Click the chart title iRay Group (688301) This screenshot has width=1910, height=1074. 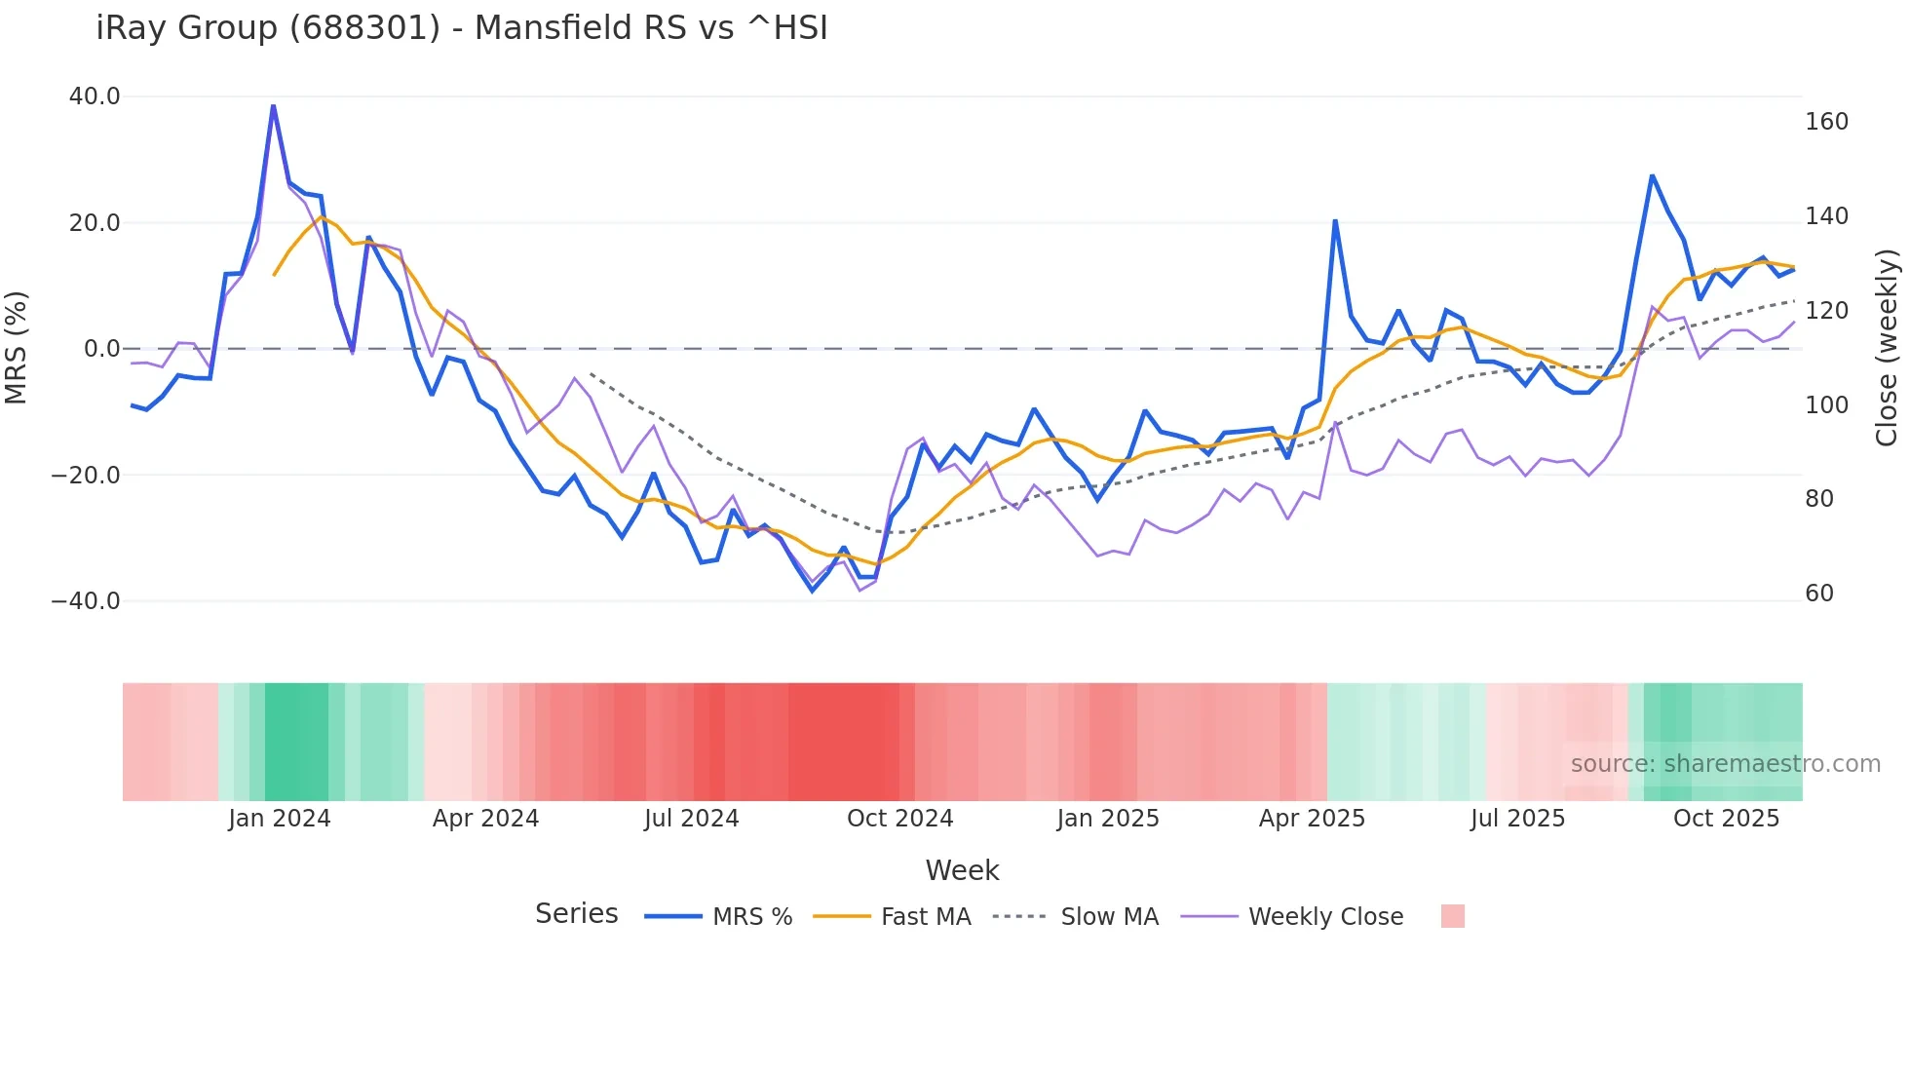coord(462,28)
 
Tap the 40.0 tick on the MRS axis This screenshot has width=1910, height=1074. coord(95,96)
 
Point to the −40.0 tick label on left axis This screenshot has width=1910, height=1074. coord(86,601)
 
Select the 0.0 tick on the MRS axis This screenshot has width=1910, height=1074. coord(101,349)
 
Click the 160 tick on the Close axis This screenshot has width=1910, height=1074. coord(1826,122)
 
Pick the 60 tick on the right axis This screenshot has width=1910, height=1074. coord(1819,594)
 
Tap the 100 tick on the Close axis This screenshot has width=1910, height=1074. coord(1826,405)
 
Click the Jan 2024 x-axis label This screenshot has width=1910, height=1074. coord(280,819)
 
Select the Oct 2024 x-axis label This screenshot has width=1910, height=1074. coord(899,819)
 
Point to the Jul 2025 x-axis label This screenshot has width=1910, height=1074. coord(1517,819)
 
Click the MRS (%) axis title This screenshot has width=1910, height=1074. coord(17,348)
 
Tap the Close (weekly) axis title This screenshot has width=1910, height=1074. coord(1887,348)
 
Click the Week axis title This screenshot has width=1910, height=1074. coord(962,870)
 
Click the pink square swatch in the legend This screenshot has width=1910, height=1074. coord(1452,916)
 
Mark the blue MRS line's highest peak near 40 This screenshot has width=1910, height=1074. coord(273,105)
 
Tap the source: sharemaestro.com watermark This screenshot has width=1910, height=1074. coord(1725,764)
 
